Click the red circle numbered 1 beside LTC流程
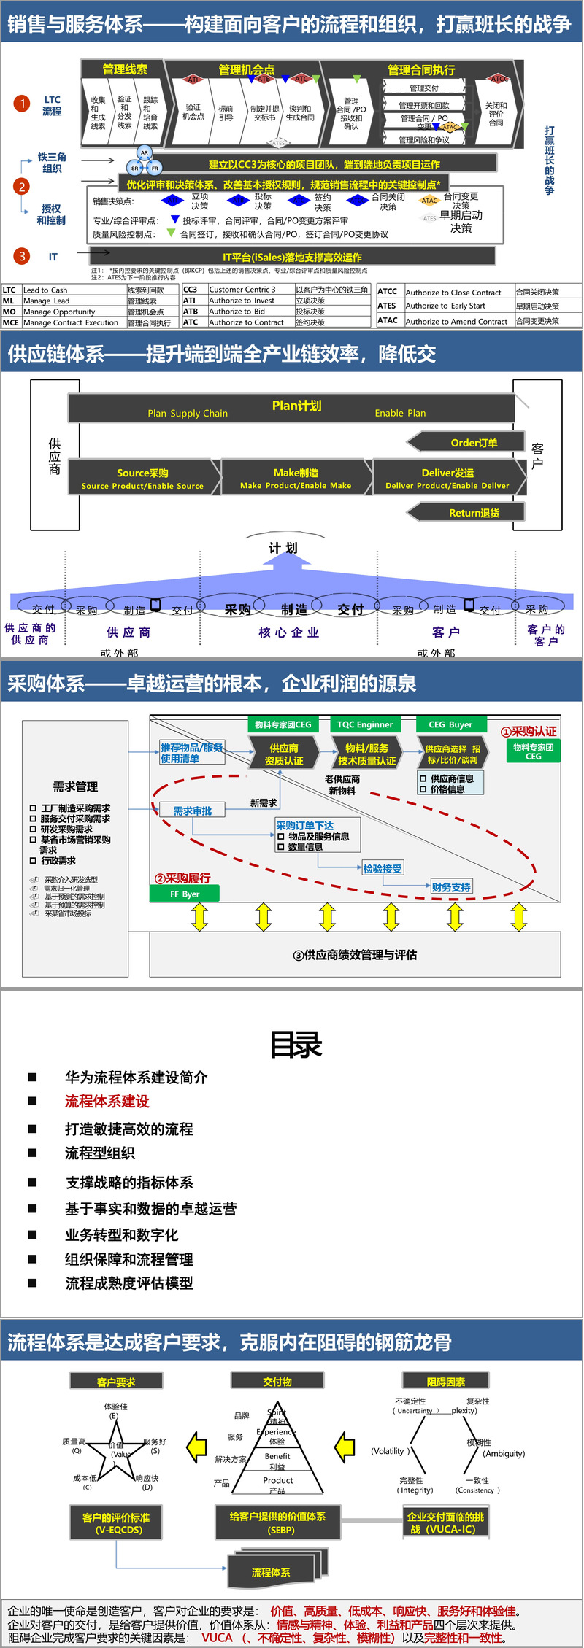pos(23,104)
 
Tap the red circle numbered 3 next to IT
pos(23,256)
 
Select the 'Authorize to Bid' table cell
pos(237,312)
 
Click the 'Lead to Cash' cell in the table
pos(45,290)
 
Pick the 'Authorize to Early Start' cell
pos(445,306)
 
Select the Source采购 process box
pos(143,478)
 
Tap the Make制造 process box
pos(296,478)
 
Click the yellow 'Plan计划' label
pos(296,406)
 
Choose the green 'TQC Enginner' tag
pos(365,724)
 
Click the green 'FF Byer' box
pos(185,894)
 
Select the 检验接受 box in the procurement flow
pos(383,868)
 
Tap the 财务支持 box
pos(451,887)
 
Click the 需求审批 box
pos(193,811)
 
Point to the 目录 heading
pos(296,1045)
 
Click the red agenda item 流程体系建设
pos(107,1101)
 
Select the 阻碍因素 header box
pos(445,1381)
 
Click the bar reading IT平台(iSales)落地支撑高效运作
pos(292,257)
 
